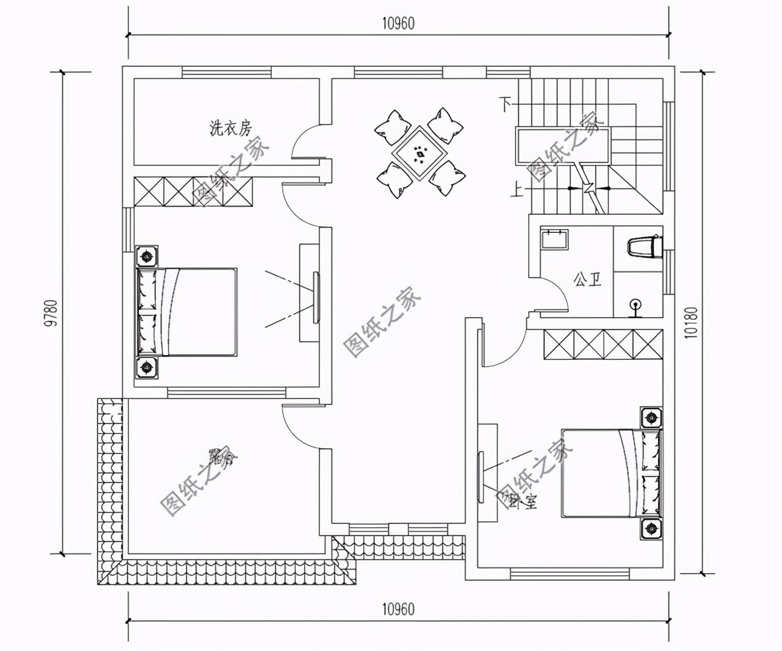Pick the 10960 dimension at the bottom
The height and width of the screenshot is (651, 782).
coord(398,609)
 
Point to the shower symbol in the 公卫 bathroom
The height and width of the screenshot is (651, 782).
coord(634,307)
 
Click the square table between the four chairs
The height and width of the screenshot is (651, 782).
coord(420,153)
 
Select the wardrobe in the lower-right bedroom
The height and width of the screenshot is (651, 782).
coord(602,345)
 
